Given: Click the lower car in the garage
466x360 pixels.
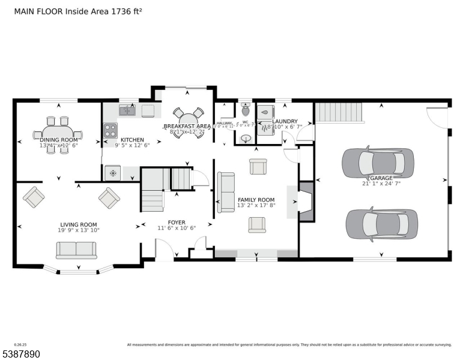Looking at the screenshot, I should (382, 223).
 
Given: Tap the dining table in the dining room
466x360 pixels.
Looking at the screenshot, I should (58, 133).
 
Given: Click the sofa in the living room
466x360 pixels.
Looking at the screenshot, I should (76, 250).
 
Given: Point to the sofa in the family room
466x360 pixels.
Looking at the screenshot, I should (226, 192).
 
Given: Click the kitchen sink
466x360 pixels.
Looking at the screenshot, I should (127, 110).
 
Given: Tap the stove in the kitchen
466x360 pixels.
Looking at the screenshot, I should (110, 130).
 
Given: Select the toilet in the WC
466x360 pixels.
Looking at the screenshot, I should (245, 110).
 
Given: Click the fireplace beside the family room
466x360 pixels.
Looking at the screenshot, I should (306, 201).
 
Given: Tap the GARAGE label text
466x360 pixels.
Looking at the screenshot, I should (381, 178).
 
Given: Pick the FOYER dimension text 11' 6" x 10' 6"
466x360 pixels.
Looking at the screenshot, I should (177, 228).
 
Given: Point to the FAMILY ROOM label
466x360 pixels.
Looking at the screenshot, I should (256, 200).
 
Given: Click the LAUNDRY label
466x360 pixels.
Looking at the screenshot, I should (285, 121).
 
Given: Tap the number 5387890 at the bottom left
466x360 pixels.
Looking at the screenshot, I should (20, 354).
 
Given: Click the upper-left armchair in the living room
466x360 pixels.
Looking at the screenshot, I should (34, 196).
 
